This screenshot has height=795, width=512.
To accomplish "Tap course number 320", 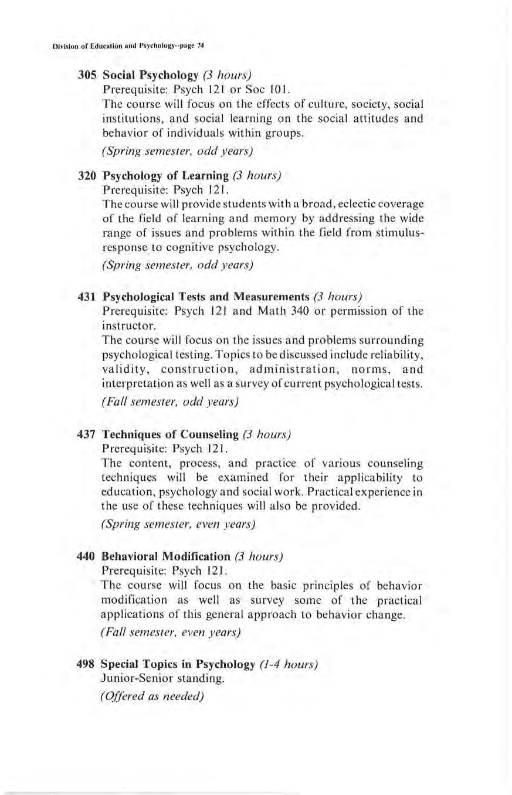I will coord(87,175).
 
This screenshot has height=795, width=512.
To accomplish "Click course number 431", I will coord(87,294).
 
